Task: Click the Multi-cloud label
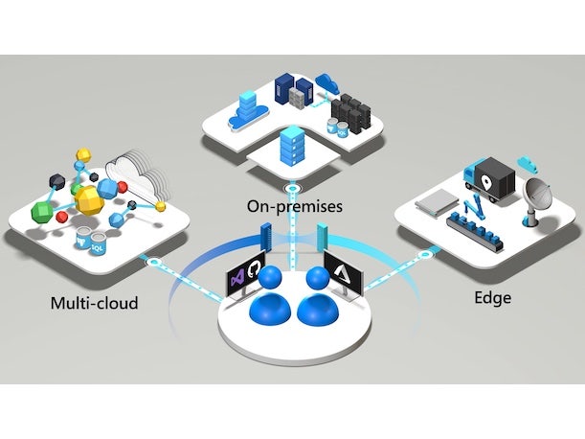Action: [94, 304]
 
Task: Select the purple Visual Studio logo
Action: [236, 278]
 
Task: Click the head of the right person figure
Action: [318, 279]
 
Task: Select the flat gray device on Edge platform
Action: [436, 201]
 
